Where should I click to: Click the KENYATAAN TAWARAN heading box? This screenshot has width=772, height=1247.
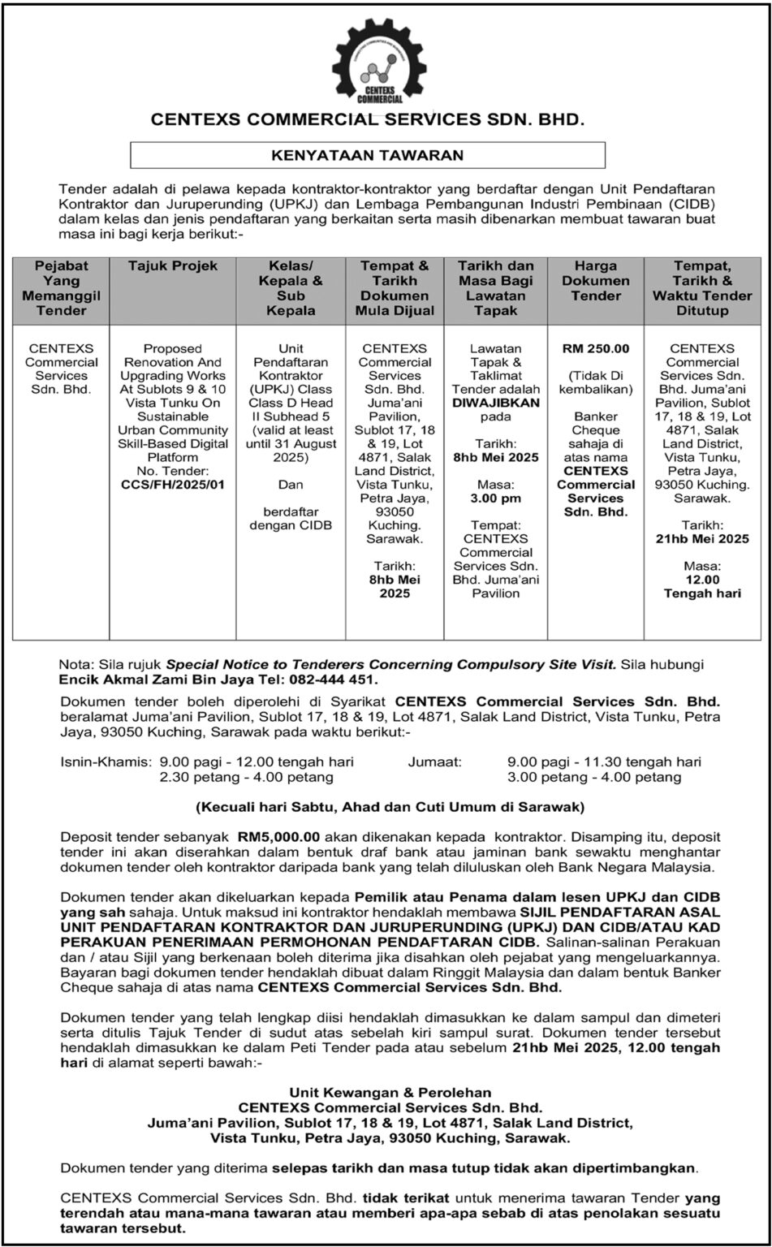tap(368, 155)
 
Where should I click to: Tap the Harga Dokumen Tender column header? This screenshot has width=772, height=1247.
tap(596, 281)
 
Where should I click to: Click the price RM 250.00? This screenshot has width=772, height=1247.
tap(596, 348)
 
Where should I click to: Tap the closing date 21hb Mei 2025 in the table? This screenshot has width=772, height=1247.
tap(702, 539)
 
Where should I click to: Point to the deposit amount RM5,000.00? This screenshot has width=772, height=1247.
tap(279, 835)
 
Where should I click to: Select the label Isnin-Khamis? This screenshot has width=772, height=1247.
tap(106, 762)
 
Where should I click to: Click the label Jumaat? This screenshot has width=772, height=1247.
tap(436, 762)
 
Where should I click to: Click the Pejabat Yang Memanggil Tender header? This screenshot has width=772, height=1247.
tap(62, 288)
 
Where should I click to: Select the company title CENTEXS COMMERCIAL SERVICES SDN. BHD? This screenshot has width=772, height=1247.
tap(368, 120)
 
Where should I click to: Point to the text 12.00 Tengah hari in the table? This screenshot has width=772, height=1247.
tap(702, 587)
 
